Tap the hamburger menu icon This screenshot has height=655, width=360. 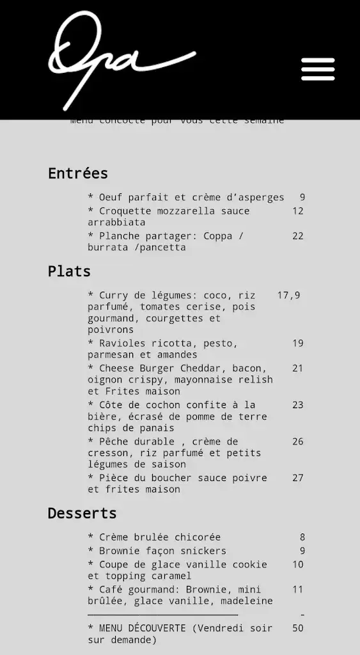pyautogui.click(x=318, y=69)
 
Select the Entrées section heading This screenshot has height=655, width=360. pyautogui.click(x=78, y=173)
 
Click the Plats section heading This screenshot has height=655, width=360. pyautogui.click(x=69, y=271)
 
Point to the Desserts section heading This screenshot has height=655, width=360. pyautogui.click(x=82, y=513)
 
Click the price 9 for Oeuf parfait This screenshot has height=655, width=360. pyautogui.click(x=302, y=198)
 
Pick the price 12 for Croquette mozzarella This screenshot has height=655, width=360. pyautogui.click(x=298, y=211)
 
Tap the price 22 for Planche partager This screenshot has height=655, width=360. pyautogui.click(x=298, y=236)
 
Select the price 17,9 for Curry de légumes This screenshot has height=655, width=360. pyautogui.click(x=288, y=296)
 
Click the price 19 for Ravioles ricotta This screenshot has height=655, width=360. pyautogui.click(x=298, y=343)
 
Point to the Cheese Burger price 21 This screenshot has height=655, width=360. pyautogui.click(x=298, y=368)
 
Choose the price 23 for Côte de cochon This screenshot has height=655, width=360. pyautogui.click(x=298, y=405)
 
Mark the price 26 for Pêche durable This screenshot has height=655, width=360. pyautogui.click(x=298, y=441)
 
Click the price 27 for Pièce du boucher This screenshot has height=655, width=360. pyautogui.click(x=298, y=478)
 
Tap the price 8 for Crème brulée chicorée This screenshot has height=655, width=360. pyautogui.click(x=302, y=537)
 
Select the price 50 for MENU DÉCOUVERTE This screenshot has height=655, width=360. pyautogui.click(x=298, y=628)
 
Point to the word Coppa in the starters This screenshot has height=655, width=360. pyautogui.click(x=217, y=236)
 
